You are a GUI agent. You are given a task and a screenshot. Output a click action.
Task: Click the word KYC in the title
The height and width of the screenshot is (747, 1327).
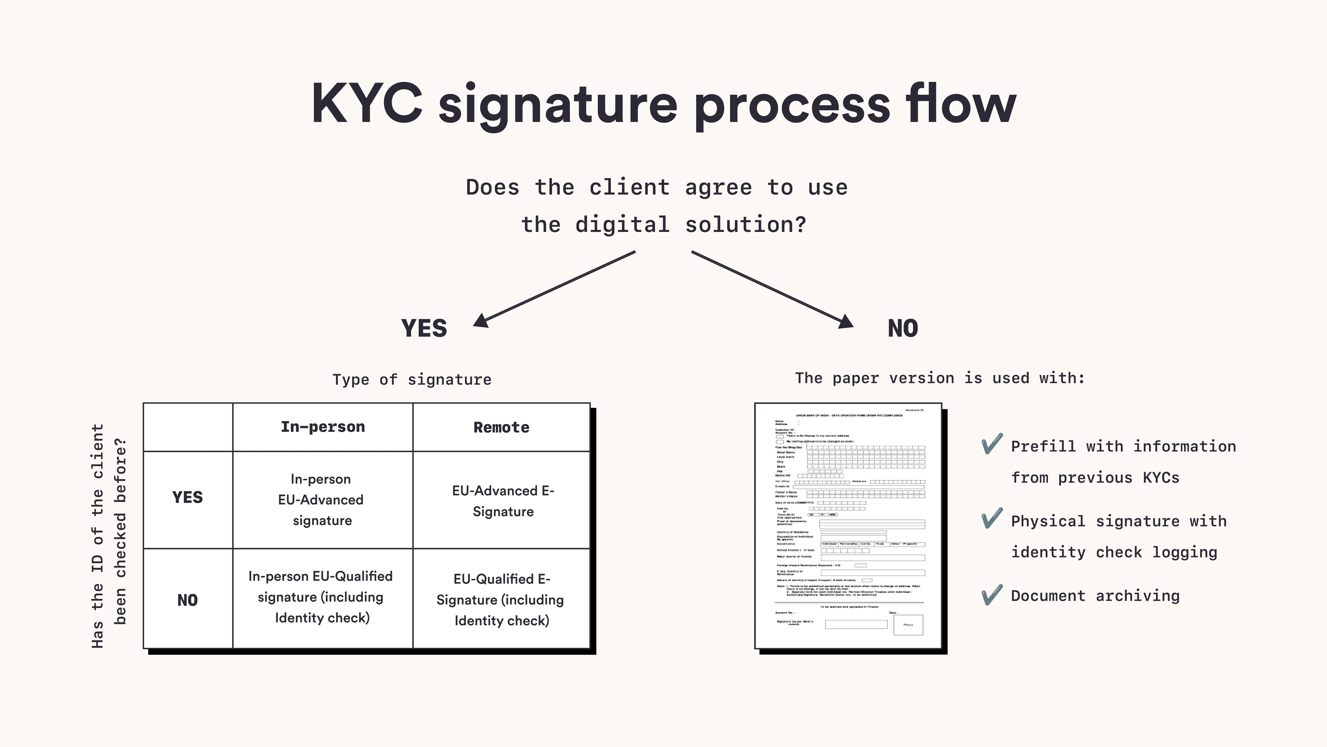tap(367, 104)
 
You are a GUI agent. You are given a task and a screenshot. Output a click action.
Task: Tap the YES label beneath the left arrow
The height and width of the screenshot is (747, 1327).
tap(424, 328)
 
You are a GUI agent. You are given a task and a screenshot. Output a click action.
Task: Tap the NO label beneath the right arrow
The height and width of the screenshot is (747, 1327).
tap(903, 328)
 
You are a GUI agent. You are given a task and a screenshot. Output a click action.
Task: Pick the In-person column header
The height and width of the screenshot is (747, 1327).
tap(322, 427)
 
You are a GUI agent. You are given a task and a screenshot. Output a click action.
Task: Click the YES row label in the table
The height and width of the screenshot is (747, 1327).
tap(188, 498)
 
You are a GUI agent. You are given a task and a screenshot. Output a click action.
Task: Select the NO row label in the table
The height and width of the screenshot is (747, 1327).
tap(188, 600)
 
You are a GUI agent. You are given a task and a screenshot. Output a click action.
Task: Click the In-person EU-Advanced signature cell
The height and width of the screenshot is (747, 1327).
tap(321, 500)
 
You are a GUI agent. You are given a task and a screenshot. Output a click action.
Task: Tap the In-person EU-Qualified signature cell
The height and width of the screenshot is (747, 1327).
tap(321, 597)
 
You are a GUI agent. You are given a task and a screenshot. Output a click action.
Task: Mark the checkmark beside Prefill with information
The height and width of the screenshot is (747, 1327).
tap(992, 444)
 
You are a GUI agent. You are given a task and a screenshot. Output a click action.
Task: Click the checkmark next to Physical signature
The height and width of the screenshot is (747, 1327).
tap(992, 519)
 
